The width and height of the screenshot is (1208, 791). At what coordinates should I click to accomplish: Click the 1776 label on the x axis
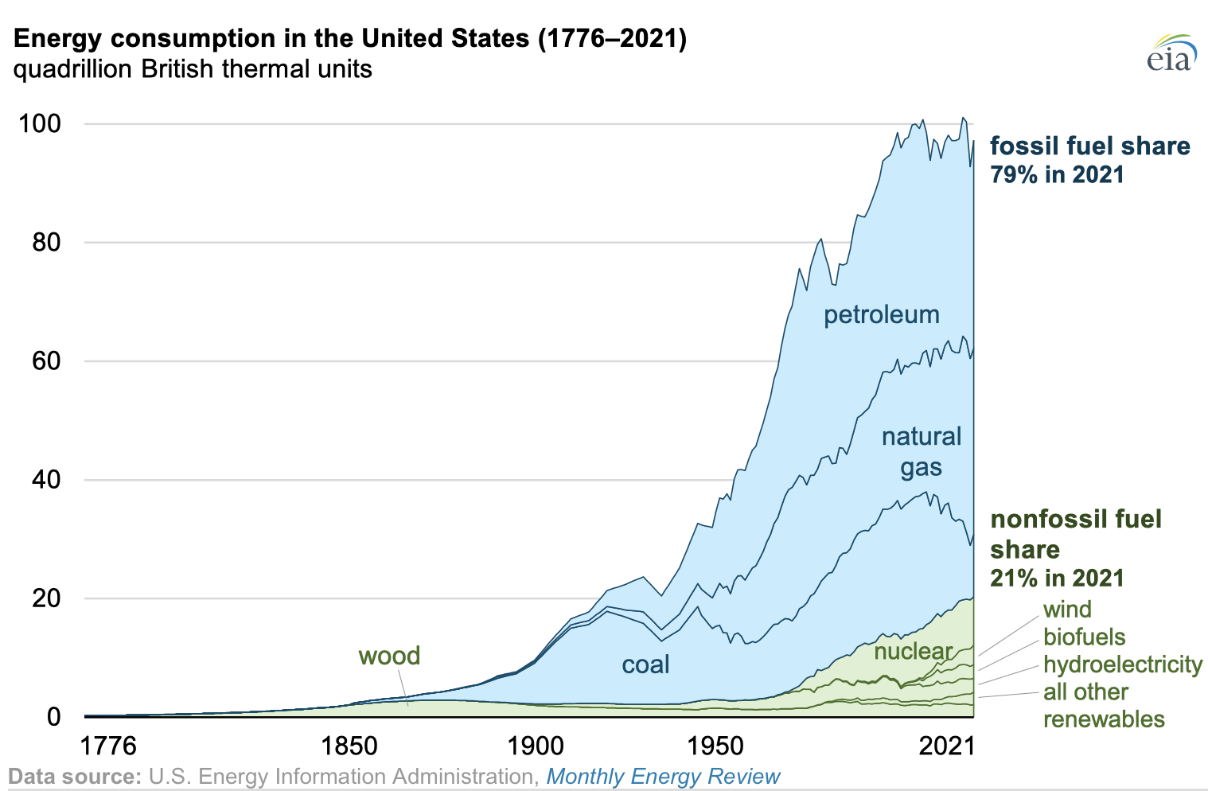click(x=108, y=746)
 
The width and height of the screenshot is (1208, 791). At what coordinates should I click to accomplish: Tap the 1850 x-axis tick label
click(x=349, y=746)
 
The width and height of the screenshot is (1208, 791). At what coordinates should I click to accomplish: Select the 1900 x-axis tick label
click(x=535, y=746)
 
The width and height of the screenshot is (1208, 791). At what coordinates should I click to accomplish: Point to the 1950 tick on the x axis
click(x=715, y=746)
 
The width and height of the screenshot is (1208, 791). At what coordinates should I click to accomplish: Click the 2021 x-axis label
click(x=947, y=746)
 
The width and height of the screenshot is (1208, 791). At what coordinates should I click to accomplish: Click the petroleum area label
click(x=882, y=315)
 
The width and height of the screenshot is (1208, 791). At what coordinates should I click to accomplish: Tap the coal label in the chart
click(x=645, y=664)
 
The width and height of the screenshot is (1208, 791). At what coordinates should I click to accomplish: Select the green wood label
click(x=389, y=657)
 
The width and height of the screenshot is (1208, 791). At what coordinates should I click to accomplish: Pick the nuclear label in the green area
click(x=914, y=652)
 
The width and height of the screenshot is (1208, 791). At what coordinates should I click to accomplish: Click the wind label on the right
click(x=1067, y=610)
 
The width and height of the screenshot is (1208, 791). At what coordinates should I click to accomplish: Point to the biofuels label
click(x=1085, y=637)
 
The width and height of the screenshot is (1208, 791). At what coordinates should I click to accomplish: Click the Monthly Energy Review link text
click(x=664, y=777)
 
